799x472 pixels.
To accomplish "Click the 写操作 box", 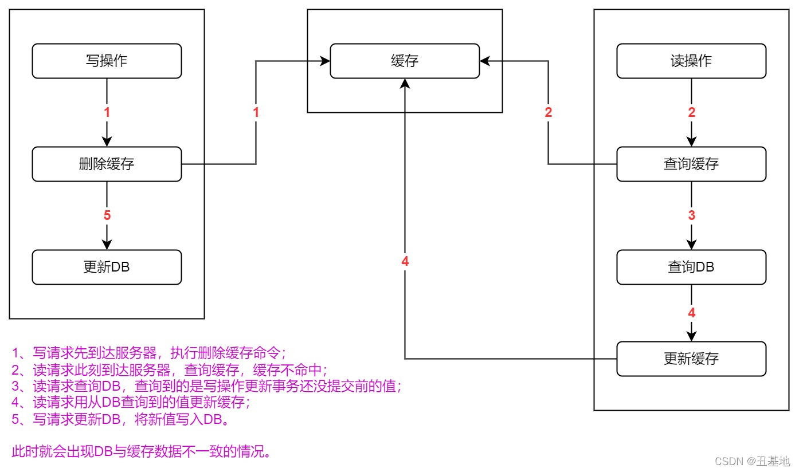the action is pos(107,61).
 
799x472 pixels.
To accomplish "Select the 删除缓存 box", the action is pos(107,164).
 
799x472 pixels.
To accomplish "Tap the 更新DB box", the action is pos(107,268).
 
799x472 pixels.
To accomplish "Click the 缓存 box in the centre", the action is pos(405,61).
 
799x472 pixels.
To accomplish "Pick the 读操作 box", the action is pos(691,61).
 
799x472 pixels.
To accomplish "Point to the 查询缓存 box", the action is pos(691,164).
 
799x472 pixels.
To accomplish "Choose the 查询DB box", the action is pos(691,268).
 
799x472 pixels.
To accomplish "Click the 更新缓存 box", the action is pos(691,359).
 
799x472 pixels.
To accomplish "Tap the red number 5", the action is pos(107,216).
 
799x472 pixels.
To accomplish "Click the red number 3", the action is pos(692,216).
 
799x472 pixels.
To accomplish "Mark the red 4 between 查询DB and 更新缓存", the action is pos(692,313).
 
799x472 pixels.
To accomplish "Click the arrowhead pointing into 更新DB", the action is pos(107,245).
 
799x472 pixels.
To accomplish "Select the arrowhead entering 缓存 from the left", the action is pos(325,61).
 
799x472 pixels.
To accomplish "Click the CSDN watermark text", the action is pos(749,461).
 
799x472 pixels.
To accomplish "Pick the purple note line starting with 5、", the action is pos(121,419).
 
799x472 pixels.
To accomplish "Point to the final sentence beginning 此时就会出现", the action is pos(141,451).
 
